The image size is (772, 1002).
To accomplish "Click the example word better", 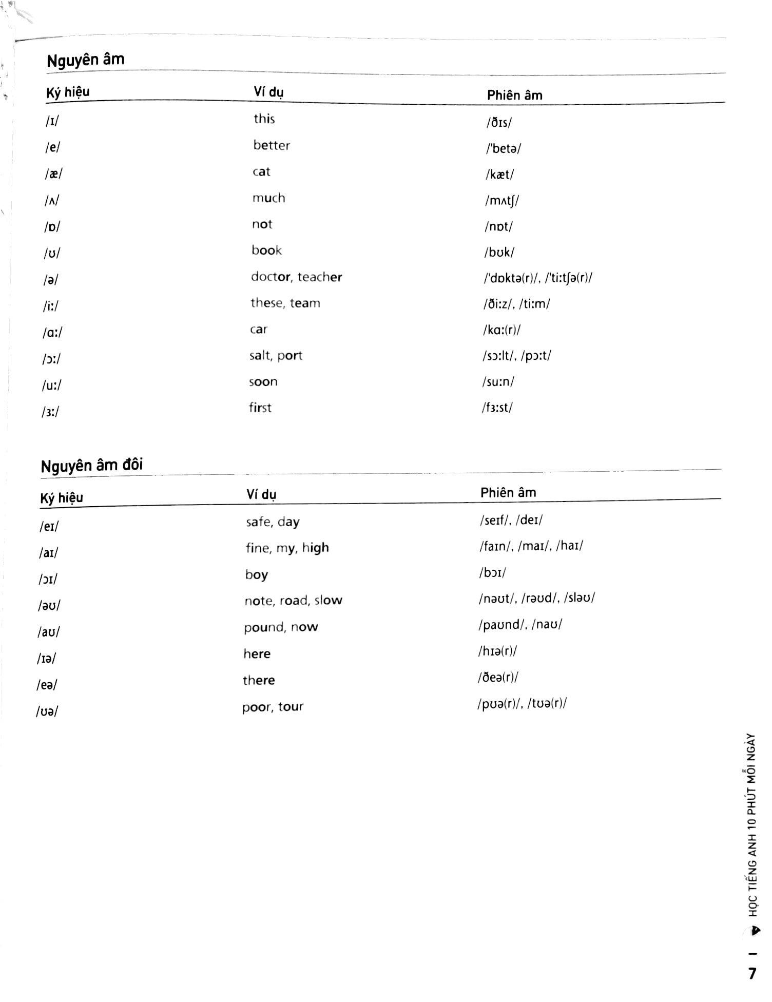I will pos(272,146).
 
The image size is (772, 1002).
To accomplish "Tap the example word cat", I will pos(261,172).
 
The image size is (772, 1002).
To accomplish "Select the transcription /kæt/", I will pos(499,175).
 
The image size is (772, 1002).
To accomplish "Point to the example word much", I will pos(268,198).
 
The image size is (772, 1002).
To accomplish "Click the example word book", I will pos(266,250).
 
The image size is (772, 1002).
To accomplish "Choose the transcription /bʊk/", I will pos(499,252).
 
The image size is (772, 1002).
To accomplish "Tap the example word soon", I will pos(263,382).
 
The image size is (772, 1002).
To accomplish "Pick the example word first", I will pos(260,408).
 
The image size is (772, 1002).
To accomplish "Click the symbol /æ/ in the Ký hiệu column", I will pos(53,174).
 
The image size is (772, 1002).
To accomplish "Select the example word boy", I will pos(256,574).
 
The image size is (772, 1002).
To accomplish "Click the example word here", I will pos(257,654).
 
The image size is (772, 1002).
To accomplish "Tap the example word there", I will pos(259,681).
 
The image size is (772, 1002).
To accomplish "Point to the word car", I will pos(259,330).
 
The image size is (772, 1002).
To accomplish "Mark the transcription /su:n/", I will pos(498,382).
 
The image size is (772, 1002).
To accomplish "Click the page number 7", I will pos(752,974).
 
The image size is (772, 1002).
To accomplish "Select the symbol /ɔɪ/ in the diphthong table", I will pos(48,580).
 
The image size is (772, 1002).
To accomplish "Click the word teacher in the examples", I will pos(320,277).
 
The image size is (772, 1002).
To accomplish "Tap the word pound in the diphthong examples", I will pos(263,628).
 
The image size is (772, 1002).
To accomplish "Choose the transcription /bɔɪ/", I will pos(492,573).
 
